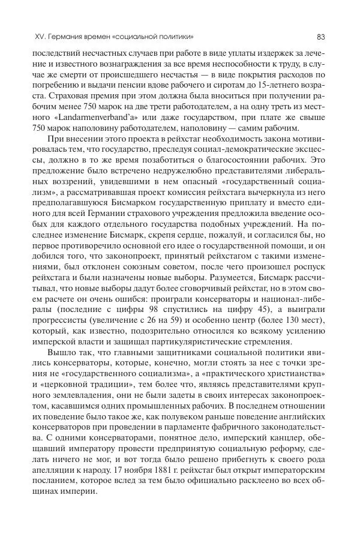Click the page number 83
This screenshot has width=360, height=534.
pos(321,37)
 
